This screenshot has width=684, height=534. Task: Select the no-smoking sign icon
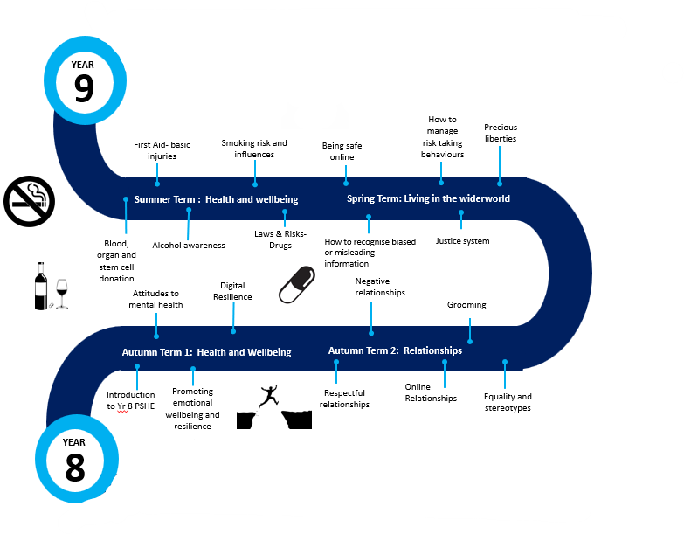30,200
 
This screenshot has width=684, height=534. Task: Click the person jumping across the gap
271,396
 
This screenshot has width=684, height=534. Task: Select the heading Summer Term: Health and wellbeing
216,199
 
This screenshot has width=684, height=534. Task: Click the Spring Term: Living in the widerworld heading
428,198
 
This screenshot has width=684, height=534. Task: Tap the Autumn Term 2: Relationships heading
395,350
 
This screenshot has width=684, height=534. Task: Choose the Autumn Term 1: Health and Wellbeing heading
206,352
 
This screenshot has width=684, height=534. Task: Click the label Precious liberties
500,133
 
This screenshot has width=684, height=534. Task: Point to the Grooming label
466,305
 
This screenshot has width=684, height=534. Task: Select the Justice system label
462,240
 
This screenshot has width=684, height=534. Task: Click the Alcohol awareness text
189,246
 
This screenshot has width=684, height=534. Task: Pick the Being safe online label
342,151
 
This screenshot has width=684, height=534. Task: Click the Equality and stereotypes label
507,402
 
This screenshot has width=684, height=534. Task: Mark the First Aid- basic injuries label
161,150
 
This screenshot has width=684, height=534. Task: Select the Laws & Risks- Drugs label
280,239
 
